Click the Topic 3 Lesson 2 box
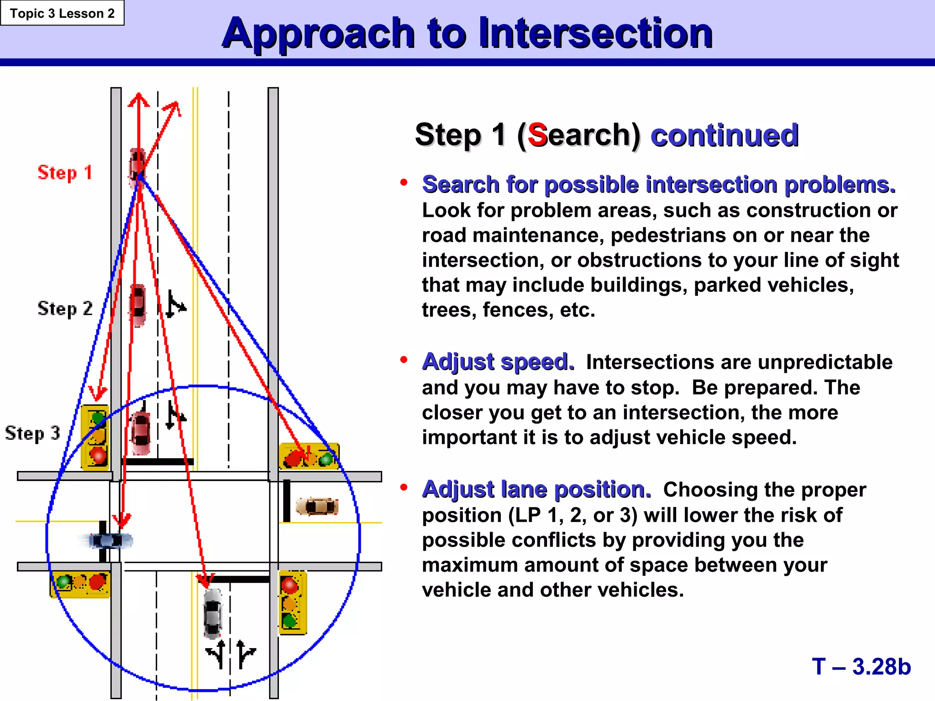coord(62,13)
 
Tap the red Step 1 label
coord(64,173)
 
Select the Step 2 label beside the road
coord(65,309)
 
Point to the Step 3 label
coord(32,433)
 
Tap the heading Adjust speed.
coord(498,362)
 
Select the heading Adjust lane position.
coord(536,489)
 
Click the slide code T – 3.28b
coord(861,666)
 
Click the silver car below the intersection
coord(212,613)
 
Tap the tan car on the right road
coord(317,506)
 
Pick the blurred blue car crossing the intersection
coord(110,541)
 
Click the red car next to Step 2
coord(138,304)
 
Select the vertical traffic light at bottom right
coord(292,602)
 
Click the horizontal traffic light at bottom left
coord(80,583)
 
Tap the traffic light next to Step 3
coord(95,437)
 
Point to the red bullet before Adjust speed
coord(404,360)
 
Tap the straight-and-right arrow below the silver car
coord(245,654)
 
